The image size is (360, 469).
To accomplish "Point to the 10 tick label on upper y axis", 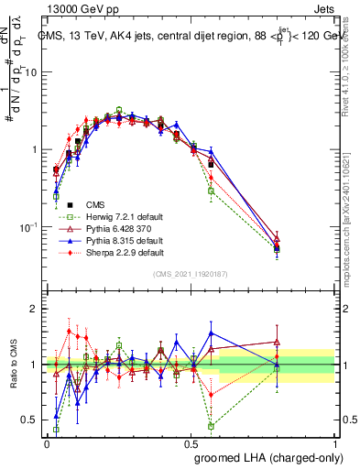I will [x=30, y=72].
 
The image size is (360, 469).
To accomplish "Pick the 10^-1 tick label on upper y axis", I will [x=28, y=226].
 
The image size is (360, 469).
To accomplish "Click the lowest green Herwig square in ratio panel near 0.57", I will [x=211, y=426].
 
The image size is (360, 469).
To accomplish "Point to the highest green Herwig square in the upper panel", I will [x=119, y=110].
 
